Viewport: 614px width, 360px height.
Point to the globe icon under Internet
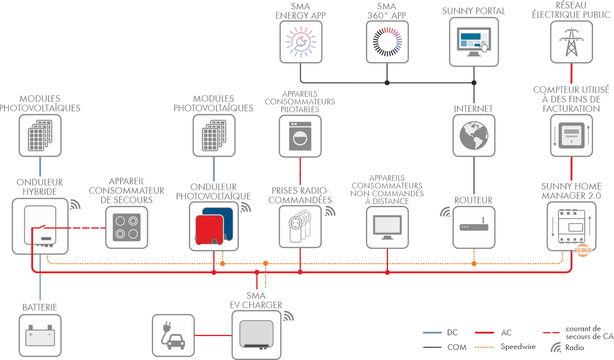tap(474, 136)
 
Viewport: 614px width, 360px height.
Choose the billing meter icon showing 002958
tap(572, 136)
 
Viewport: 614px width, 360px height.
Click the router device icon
tap(474, 227)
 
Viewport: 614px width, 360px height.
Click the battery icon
tap(40, 335)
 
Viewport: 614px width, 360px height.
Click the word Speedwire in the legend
tap(518, 347)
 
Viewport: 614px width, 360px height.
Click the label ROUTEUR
tap(474, 201)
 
